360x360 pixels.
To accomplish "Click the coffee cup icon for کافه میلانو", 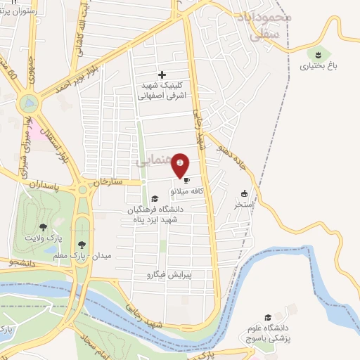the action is tap(186, 181).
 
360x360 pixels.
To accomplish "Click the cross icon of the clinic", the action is tap(162, 75).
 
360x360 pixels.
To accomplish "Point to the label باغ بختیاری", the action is tap(318, 67).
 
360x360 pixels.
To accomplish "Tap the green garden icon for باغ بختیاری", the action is tap(319, 53).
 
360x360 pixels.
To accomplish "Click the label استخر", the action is tap(244, 206).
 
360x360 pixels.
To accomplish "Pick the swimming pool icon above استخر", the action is tap(244, 195).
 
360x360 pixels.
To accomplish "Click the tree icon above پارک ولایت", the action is tap(44, 227).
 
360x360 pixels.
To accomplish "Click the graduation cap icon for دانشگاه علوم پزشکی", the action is tap(266, 318).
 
